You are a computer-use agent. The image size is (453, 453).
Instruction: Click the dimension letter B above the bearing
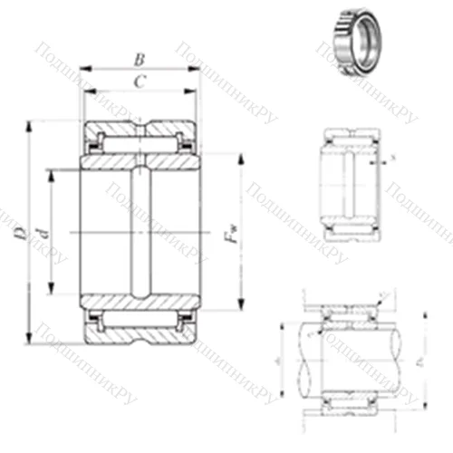(139, 60)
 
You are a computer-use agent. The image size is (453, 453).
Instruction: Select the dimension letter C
(139, 82)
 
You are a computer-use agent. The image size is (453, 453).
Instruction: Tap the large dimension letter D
(20, 232)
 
